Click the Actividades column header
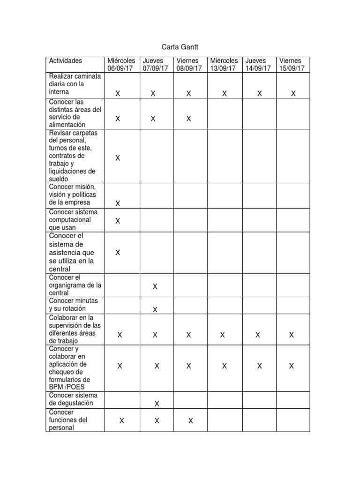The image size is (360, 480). [66, 61]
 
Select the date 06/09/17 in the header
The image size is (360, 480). [120, 68]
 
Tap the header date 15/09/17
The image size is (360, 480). [292, 68]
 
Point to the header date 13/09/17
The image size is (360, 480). [223, 68]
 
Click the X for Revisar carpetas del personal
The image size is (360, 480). [118, 158]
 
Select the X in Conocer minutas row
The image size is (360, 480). [155, 309]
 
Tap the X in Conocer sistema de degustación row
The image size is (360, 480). [157, 404]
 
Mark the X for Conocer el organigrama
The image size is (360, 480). [155, 286]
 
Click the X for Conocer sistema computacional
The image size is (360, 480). [118, 221]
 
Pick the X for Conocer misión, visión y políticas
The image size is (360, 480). [118, 203]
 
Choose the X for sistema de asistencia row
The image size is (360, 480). [118, 253]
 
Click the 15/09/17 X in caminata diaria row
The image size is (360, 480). [293, 94]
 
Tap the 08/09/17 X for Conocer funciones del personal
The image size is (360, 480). [191, 421]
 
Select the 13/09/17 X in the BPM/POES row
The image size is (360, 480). [225, 366]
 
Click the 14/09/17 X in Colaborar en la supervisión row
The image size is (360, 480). [258, 335]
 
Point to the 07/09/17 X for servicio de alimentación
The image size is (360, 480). [153, 119]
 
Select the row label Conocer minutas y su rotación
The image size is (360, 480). [74, 305]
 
